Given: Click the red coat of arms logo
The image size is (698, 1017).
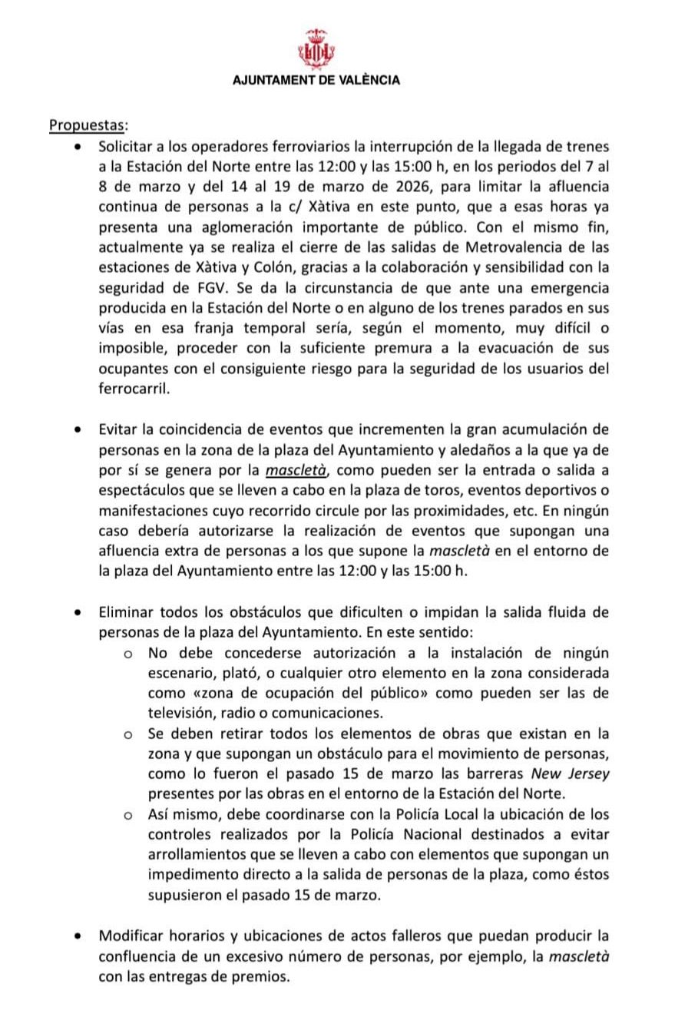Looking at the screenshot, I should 317,48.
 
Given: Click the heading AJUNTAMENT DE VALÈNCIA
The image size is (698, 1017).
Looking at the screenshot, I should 317,79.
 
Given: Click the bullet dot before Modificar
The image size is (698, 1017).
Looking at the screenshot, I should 78,936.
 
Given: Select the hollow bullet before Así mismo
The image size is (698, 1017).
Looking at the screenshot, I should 130,814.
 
